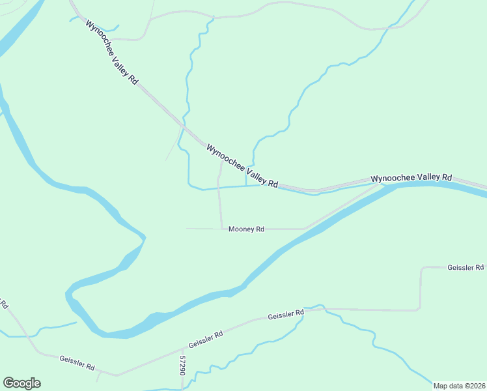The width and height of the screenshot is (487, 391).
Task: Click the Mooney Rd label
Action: [246, 229]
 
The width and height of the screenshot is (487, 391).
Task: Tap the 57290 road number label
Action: [183, 364]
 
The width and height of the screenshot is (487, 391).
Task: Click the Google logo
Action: [21, 383]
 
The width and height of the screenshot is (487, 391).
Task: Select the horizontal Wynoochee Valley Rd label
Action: [411, 177]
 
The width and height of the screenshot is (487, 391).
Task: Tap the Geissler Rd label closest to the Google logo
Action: [77, 360]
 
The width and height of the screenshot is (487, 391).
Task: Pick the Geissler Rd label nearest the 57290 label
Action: [206, 339]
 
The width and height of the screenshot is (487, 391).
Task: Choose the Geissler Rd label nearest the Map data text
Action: [466, 267]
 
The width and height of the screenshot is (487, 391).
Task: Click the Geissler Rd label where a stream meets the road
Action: [286, 315]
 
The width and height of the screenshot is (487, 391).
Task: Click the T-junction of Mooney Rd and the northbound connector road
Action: [221, 229]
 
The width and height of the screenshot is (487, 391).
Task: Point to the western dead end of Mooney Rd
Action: [187, 228]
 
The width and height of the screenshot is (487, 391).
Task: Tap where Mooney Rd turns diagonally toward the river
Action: [305, 229]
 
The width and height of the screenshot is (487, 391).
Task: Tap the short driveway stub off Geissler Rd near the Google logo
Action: [98, 376]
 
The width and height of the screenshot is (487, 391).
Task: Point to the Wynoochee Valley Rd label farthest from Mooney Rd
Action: [111, 52]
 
